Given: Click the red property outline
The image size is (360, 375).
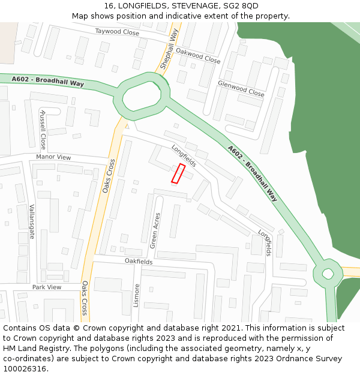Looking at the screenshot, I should tap(178, 173).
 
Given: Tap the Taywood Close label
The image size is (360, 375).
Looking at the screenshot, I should tap(116, 32).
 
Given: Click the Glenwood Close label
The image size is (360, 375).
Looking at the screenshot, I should tap(241, 89).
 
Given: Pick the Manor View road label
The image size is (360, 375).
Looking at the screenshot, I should tap(53, 157).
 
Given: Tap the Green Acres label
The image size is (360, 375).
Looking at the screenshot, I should tap(155, 231).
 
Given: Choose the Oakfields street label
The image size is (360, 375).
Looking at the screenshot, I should tap(139, 262).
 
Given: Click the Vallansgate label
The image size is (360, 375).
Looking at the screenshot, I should tap(32, 222).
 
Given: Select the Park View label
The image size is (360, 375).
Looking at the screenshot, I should tap(47, 287).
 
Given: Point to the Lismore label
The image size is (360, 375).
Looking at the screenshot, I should tap(137, 295).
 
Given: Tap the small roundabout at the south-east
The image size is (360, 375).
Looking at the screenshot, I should tap(328, 274).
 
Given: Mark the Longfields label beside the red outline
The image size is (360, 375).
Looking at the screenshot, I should tap(184, 155).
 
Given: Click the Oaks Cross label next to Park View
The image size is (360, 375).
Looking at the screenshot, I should tap(85, 298).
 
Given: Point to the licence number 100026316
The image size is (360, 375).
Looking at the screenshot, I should tap(25, 368).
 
